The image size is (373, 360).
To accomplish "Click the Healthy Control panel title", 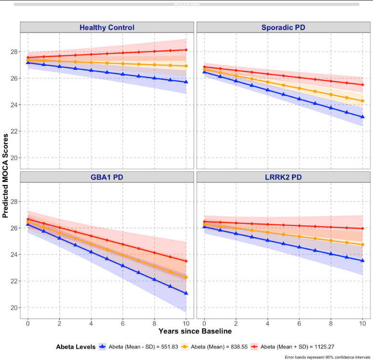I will tap(107, 27).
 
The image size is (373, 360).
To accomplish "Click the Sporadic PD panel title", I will tap(283, 27).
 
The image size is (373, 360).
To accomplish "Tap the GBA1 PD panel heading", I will tap(107, 177).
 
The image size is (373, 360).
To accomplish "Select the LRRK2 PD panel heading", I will tap(283, 177).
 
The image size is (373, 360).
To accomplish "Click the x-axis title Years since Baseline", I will tap(195, 332).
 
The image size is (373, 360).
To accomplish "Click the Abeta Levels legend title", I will tap(75, 347).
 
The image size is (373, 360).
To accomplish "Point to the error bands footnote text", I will tap(328, 357).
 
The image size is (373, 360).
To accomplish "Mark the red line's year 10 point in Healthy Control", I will tap(186, 50).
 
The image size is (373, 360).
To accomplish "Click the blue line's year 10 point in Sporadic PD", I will tap(362, 117).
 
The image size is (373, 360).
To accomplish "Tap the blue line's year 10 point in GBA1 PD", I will tap(186, 293).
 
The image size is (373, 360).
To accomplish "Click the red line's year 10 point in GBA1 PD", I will tap(186, 261).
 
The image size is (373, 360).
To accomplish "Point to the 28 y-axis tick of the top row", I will tap(14, 51).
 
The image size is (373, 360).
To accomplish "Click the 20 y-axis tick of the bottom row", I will tap(14, 308).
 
